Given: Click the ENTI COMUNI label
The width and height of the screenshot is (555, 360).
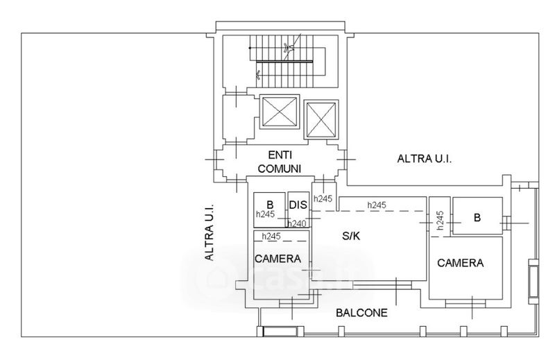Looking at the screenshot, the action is pos(280,162).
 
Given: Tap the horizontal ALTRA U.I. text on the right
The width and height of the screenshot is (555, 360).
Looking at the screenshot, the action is pos(425,159).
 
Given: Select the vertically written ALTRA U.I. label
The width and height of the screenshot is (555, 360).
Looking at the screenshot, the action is pos(210,232).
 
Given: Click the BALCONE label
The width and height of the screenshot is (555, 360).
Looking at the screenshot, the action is pos(361,313).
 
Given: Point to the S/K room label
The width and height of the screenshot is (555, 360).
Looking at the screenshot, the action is pos(351,236).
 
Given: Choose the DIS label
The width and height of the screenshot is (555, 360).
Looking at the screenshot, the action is pos(298,205).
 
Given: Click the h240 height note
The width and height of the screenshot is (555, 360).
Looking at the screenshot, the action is pos(297,224).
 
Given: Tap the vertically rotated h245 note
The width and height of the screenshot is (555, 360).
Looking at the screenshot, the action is pos(440,220).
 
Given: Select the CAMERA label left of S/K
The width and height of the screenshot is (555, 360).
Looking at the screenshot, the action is pos(278,259).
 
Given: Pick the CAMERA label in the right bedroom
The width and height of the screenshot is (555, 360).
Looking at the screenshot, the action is pos(460,263).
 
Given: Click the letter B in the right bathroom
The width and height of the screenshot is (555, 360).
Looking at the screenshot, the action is pos(477,217).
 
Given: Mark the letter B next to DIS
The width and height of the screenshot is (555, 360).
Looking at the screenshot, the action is pos(270,205).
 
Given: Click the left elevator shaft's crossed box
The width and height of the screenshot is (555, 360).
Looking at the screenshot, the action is pos(280,112).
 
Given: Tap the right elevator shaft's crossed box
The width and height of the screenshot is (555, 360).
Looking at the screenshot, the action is pos(321,119).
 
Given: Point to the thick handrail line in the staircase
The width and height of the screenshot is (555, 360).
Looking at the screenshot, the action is pos(284,62).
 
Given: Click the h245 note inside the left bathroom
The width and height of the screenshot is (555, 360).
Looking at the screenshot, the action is pos(266,214).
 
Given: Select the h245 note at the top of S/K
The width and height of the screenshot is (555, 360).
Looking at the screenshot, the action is pos(377,205).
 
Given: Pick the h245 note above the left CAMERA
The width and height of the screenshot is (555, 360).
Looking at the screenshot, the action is pos(271,236).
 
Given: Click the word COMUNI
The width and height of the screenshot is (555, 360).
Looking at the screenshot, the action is pos(280,169).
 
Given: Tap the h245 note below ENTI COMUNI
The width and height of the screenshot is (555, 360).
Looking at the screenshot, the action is pos(323,198).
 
